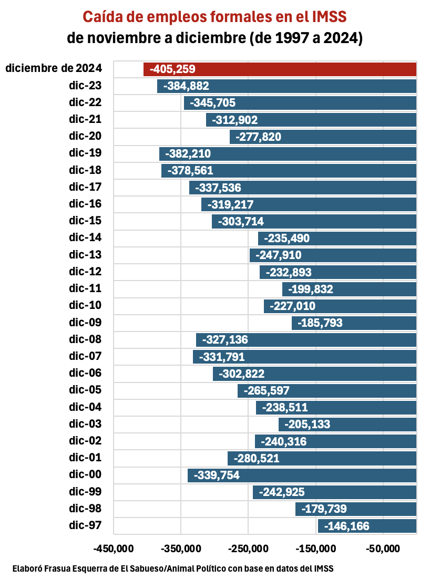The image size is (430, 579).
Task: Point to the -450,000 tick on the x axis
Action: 114,549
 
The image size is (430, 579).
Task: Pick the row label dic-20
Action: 85,137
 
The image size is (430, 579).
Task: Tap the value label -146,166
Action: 347,526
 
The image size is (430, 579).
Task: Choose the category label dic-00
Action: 85,474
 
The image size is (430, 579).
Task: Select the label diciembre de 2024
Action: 53,68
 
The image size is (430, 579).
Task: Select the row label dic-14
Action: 85,237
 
